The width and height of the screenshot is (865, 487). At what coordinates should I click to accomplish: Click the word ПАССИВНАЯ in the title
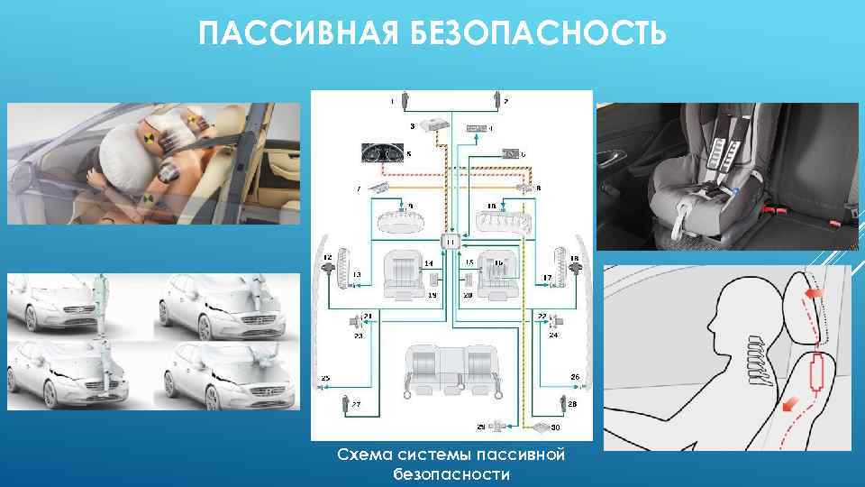pyautogui.click(x=289, y=33)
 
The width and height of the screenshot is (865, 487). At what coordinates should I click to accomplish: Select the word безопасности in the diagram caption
pyautogui.click(x=451, y=473)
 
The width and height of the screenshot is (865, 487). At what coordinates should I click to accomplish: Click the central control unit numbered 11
pyautogui.click(x=451, y=242)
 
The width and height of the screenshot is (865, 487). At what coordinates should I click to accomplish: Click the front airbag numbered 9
pyautogui.click(x=402, y=219)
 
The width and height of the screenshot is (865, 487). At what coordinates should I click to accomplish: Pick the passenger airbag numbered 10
pyautogui.click(x=499, y=219)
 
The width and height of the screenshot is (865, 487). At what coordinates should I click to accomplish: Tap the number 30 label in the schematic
pyautogui.click(x=556, y=427)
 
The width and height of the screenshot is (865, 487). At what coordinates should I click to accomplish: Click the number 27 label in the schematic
pyautogui.click(x=356, y=405)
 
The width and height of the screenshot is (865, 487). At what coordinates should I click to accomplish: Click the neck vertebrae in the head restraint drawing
pyautogui.click(x=758, y=361)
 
